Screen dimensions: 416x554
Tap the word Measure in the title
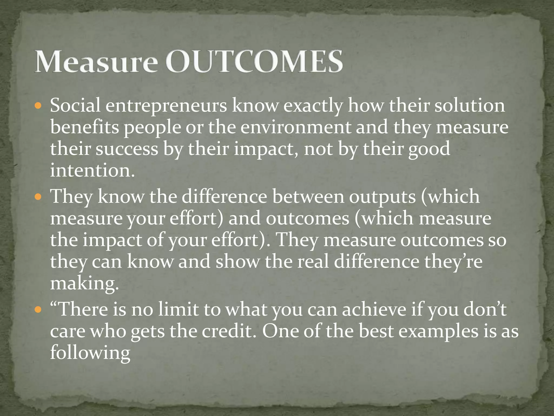(x=96, y=61)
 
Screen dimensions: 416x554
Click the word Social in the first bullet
(x=75, y=106)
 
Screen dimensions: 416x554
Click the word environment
(x=296, y=127)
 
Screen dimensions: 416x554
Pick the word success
(x=127, y=149)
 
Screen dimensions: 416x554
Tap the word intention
(x=92, y=171)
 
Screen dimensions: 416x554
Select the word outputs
(x=382, y=197)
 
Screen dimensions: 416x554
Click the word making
(x=84, y=284)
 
